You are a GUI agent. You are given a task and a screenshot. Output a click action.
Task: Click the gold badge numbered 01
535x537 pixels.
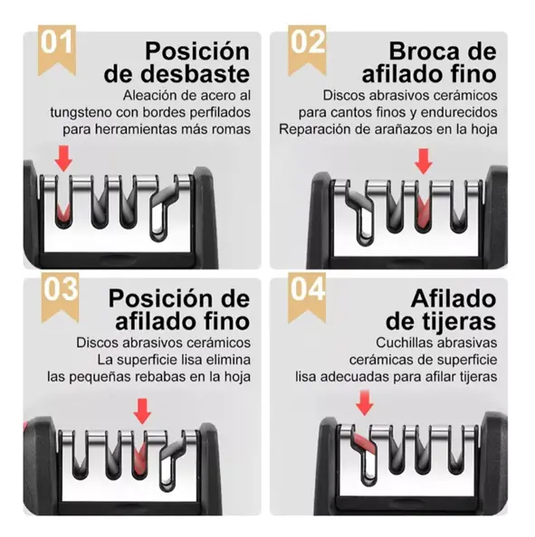57,49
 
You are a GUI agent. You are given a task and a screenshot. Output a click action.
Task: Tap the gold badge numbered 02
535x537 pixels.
307,49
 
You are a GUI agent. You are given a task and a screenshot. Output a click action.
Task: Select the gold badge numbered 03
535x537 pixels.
60,297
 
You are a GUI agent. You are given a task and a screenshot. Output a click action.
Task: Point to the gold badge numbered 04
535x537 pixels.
307,297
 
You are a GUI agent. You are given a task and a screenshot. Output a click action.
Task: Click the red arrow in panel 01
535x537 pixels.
63,158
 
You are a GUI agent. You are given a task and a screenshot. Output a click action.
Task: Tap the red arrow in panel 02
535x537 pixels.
423,161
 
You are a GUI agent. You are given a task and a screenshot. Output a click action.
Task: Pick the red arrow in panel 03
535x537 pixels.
142,411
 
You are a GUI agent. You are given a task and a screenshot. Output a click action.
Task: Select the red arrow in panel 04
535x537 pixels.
364,403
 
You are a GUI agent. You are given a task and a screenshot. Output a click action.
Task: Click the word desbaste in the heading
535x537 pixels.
196,74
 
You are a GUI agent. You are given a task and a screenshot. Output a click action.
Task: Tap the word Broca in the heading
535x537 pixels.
425,52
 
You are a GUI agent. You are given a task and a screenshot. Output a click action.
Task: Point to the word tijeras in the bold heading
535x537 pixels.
454,321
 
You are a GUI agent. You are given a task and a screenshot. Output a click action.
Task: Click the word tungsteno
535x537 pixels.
81,113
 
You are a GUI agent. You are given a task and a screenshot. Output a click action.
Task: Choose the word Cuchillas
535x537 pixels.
404,343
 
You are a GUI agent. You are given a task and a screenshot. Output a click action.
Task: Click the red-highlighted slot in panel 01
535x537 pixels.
63,212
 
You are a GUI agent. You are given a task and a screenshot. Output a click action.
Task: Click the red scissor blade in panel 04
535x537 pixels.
365,443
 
